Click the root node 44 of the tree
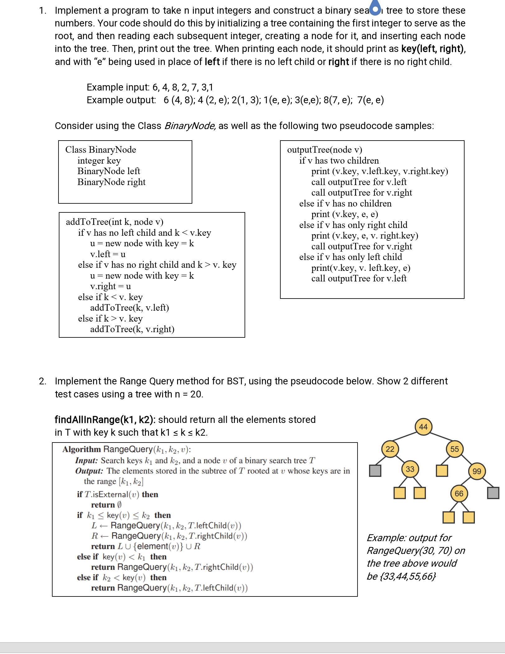click(x=423, y=427)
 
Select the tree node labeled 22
click(x=390, y=449)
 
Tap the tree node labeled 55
click(x=454, y=449)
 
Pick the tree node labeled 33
click(x=410, y=469)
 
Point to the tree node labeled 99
click(x=477, y=471)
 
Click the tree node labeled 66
click(x=459, y=493)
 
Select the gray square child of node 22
click(x=375, y=471)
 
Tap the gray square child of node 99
click(x=493, y=493)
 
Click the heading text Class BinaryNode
click(x=101, y=150)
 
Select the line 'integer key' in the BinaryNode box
click(x=99, y=160)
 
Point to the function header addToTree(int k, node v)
click(x=115, y=222)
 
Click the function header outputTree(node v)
click(x=325, y=150)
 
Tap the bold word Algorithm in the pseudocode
click(x=82, y=449)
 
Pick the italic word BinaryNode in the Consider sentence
click(x=189, y=126)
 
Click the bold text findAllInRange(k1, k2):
click(x=105, y=420)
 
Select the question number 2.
click(x=42, y=381)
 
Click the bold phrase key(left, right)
click(x=433, y=49)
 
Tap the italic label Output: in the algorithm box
click(x=89, y=471)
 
